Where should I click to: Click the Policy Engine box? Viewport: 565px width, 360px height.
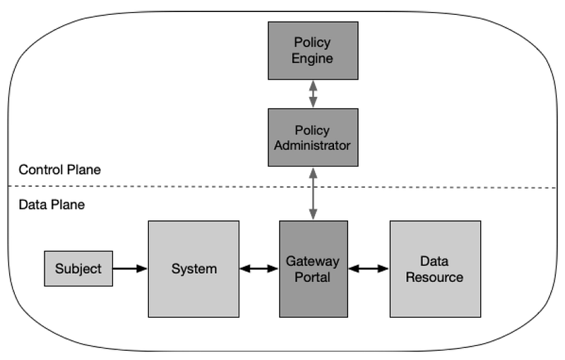[313, 50]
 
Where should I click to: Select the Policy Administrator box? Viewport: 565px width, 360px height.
[313, 137]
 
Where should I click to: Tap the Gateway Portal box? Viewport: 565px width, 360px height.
[314, 269]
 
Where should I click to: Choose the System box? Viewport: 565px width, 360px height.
[194, 269]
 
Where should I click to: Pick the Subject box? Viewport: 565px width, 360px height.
[78, 268]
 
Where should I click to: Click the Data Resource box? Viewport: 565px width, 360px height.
[435, 269]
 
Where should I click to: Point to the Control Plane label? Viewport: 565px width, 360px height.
[60, 169]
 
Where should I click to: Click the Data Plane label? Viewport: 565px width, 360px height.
[52, 205]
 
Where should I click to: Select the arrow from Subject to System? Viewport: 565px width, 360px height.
[130, 268]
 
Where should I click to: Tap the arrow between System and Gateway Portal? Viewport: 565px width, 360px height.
[259, 268]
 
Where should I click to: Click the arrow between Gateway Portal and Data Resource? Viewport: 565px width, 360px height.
[369, 268]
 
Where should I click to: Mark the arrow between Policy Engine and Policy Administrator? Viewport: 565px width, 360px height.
[313, 94]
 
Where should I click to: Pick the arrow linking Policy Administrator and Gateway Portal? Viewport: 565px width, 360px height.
[313, 193]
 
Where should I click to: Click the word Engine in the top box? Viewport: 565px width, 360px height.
[312, 59]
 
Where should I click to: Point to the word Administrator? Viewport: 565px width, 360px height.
[312, 145]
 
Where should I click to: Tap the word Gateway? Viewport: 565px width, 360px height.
[312, 261]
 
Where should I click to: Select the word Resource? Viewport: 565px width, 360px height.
[434, 277]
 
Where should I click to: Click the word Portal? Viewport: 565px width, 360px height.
[312, 277]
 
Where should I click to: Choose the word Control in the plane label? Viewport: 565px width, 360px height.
[37, 169]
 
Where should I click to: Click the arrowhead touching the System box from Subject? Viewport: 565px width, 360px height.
[142, 268]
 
